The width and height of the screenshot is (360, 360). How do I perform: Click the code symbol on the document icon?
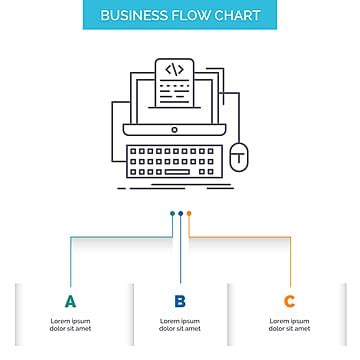pos(174,69)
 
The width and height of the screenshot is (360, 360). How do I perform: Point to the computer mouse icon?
pos(238,156)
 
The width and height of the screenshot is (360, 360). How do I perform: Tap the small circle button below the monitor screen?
pos(175,130)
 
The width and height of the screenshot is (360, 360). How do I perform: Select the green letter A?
pos(69,301)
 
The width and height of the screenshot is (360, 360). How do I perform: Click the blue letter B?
pos(180,301)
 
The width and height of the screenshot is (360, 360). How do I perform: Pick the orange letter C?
pos(289,301)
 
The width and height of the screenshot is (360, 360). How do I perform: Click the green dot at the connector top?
pos(172,213)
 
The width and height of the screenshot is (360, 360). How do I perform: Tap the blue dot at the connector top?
pos(180,213)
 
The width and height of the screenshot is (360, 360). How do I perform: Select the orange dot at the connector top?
pos(188,213)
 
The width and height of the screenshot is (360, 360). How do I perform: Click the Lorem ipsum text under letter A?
pos(69,324)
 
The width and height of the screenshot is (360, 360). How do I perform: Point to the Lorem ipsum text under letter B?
pos(180,324)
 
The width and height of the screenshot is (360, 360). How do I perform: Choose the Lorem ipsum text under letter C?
pos(289,324)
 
